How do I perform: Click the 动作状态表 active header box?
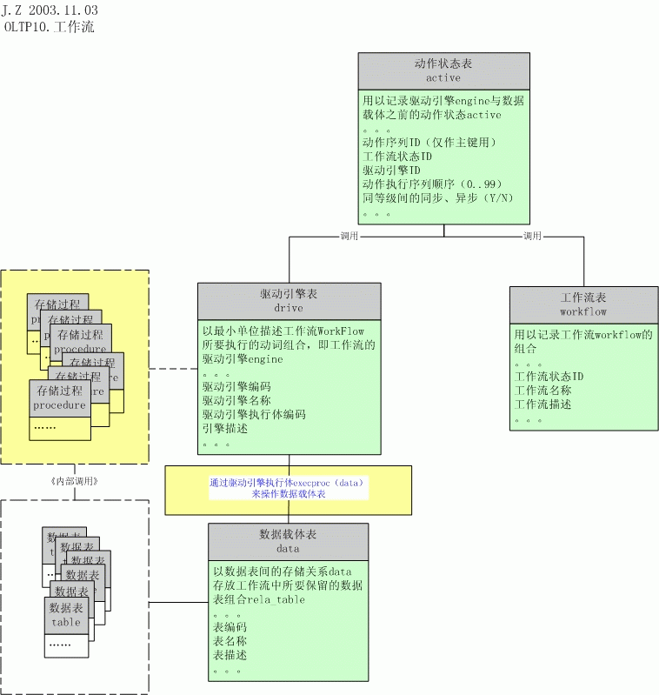[443, 70]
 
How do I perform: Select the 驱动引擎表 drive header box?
[289, 301]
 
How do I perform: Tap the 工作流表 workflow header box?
[583, 304]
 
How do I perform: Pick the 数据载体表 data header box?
[288, 541]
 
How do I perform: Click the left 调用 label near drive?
[349, 236]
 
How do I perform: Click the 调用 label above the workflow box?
[532, 236]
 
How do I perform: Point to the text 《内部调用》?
[75, 481]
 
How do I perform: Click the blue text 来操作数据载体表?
[289, 493]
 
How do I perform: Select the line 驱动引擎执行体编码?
[254, 415]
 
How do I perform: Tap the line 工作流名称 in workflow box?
[543, 391]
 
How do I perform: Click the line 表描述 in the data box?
[230, 655]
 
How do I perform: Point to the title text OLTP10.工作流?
[50, 27]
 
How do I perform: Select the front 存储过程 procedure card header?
[60, 398]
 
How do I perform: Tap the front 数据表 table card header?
[66, 614]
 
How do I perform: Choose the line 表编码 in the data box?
[230, 627]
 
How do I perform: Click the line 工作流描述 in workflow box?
[543, 404]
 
